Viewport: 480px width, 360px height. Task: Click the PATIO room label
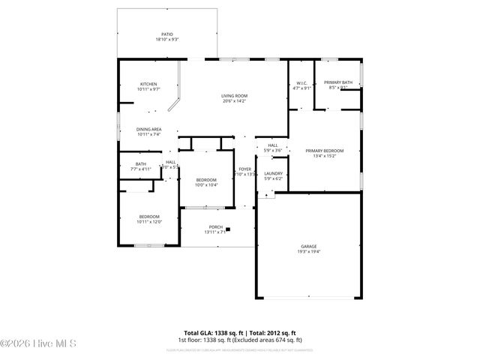point(167,34)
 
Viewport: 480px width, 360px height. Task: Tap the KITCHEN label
point(148,84)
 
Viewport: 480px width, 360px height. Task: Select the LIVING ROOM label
point(234,96)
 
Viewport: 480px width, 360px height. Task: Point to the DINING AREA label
point(148,129)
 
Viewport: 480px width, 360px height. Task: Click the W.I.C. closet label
point(301,83)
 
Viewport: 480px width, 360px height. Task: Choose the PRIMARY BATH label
point(338,82)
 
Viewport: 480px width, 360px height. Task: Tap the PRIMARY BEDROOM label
point(325,151)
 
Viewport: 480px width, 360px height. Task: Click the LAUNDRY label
point(273,173)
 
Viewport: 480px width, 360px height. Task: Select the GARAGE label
point(309,247)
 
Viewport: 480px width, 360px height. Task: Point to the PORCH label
point(215,227)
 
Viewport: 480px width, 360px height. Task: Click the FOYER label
point(244,169)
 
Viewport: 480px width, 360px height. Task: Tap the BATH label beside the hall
point(141,164)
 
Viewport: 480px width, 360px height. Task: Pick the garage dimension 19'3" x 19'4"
point(309,252)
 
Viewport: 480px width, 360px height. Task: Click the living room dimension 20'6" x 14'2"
point(234,101)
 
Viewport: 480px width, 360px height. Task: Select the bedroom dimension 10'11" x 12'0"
point(148,222)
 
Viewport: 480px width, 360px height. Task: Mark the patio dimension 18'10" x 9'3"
point(167,40)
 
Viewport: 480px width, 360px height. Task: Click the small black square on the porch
point(229,230)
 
